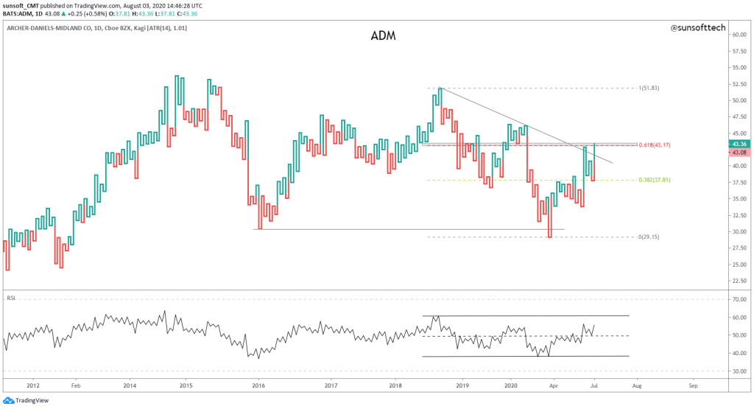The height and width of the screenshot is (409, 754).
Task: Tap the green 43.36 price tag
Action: (x=739, y=144)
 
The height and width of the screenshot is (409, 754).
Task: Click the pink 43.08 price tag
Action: (x=739, y=153)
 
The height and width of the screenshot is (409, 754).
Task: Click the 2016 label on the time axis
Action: (x=258, y=385)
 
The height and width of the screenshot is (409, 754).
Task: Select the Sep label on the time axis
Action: (x=693, y=385)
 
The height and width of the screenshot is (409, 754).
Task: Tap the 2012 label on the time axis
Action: (x=32, y=385)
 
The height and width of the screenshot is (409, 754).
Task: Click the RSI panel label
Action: (x=12, y=298)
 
